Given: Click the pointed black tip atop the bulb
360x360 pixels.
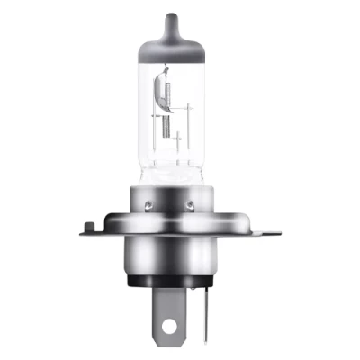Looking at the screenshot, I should (180, 15).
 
